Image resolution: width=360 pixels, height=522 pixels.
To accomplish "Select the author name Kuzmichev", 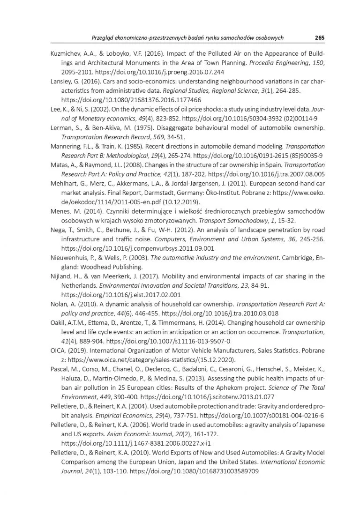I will coord(66,53).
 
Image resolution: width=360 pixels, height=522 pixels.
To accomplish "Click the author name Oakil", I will coord(58,323).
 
